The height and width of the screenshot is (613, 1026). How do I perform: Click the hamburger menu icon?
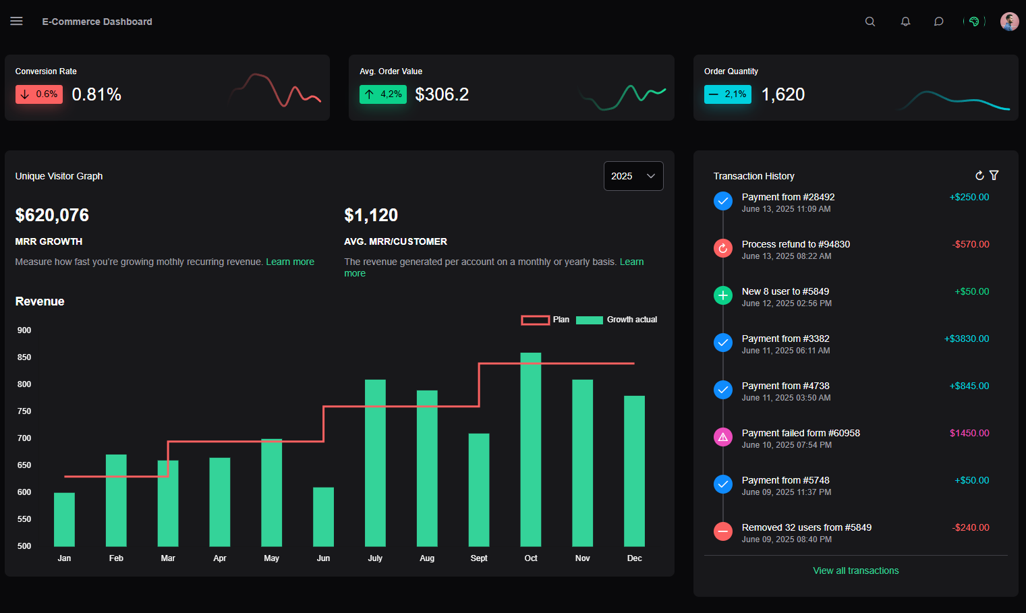coord(17,22)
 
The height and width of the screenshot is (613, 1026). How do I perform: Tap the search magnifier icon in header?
coord(870,22)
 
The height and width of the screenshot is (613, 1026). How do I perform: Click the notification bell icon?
coord(905,22)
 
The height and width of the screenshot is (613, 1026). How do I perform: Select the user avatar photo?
coord(1009,22)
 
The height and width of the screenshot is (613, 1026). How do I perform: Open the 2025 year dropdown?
coord(633,176)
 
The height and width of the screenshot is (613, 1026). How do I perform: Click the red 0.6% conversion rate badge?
coord(39,94)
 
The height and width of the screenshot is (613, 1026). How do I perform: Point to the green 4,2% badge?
coord(383,94)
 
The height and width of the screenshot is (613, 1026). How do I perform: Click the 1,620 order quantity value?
coord(782,94)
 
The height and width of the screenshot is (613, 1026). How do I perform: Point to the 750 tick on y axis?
coord(24,411)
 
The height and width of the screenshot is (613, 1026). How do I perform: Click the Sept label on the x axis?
coord(479,558)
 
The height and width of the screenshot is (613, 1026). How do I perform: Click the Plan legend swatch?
coord(535,320)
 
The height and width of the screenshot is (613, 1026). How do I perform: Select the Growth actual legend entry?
coord(617,320)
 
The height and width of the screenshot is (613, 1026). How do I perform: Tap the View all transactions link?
coord(855,571)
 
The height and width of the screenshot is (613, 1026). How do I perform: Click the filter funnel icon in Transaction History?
coord(994,175)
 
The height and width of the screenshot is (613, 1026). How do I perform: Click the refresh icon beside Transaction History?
coord(979,175)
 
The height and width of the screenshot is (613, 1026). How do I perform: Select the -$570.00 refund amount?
coord(971,244)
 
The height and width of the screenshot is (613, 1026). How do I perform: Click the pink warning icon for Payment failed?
coord(723,437)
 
